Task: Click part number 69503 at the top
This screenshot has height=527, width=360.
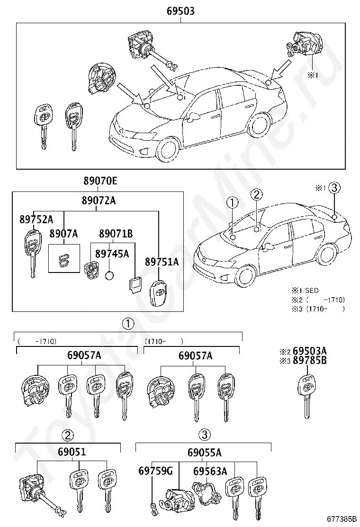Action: point(180,11)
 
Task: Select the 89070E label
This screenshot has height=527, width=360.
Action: point(100,181)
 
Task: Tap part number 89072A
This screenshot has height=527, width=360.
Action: point(99,200)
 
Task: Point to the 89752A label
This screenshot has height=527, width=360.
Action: point(36,219)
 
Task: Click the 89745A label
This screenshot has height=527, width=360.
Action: point(112,254)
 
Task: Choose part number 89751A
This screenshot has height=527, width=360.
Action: point(162,262)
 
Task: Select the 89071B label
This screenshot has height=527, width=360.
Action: point(116,233)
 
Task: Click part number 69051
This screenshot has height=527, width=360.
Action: point(72,451)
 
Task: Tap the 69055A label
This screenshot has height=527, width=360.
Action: point(205,453)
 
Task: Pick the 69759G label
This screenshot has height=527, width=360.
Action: point(155,471)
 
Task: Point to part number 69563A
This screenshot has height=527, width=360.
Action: point(210,471)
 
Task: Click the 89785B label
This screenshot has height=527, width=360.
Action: point(310,360)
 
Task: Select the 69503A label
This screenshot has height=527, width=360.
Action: point(310,351)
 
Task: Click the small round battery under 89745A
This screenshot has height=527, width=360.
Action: point(109,276)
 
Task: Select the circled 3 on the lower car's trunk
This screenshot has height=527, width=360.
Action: point(334,188)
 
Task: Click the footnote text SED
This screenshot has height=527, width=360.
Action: point(312,291)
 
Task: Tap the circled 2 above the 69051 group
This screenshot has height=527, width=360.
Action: point(68,436)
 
